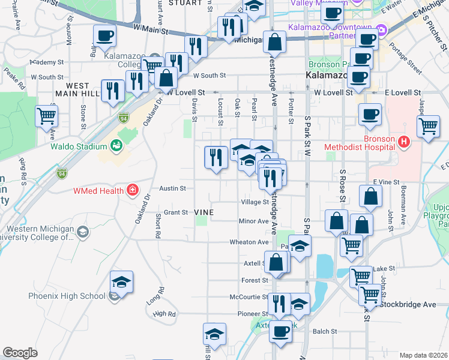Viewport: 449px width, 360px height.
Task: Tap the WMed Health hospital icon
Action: tap(131, 192)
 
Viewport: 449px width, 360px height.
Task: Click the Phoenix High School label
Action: tap(67, 296)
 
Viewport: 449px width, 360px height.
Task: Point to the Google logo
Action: tap(20, 353)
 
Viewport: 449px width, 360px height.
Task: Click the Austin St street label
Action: tap(172, 188)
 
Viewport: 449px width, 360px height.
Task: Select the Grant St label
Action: tap(176, 212)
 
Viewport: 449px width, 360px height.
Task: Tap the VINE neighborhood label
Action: tap(204, 212)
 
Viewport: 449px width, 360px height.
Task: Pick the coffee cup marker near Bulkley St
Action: tap(104, 37)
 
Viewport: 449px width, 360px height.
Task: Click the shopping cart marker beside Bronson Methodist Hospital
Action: tap(428, 126)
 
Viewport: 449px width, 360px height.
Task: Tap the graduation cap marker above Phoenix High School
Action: tap(121, 282)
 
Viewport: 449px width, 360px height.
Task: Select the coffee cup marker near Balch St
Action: tap(280, 332)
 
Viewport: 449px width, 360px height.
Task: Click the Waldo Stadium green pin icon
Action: tap(116, 146)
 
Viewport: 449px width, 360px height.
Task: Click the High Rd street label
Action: tap(164, 314)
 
